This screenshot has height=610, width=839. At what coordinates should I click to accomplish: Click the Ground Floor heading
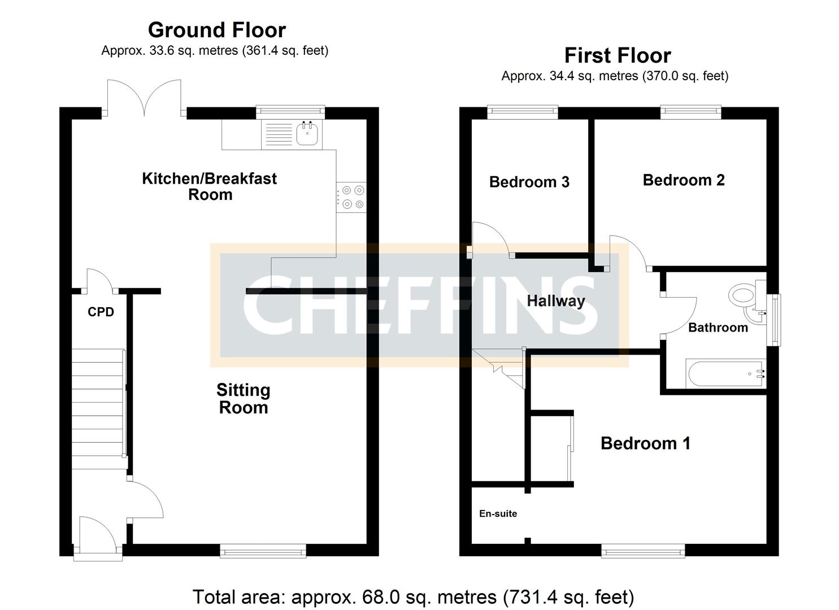pos(216,29)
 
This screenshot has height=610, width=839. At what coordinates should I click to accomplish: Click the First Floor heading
pos(618,55)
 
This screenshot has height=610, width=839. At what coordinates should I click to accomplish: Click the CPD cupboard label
pos(101,312)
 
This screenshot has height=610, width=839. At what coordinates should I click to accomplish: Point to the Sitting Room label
pos(244,399)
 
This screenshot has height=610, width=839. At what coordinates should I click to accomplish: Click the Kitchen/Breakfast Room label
pos(210,186)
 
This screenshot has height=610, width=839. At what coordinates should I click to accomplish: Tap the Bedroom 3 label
pos(529,182)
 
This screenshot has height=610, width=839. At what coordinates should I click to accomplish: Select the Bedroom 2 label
pos(684,180)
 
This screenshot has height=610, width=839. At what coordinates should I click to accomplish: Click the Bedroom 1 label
pos(645,443)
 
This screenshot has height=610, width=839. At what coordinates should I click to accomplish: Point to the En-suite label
pos(498,513)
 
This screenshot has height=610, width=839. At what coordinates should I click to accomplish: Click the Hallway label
pos(556,300)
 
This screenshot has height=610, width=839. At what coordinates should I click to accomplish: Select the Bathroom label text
pos(718,328)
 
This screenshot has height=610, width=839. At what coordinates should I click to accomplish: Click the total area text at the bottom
pos(414,596)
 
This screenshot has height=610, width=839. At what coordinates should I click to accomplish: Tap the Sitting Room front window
pos(263,550)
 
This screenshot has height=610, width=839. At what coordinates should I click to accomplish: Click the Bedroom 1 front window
pos(643,550)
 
